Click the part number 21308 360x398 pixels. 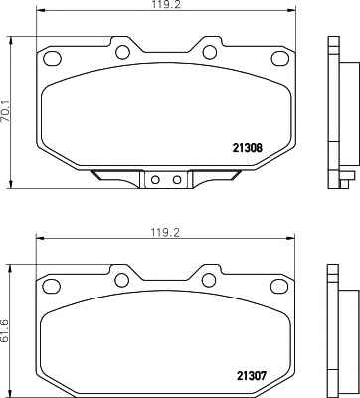click(248, 148)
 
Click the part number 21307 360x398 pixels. click(252, 376)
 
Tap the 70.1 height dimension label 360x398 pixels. click(7, 111)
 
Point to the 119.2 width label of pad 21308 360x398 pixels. click(166, 4)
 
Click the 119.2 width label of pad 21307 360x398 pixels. click(165, 232)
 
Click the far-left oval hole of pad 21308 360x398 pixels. click(53, 58)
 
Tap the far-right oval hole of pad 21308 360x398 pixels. click(280, 58)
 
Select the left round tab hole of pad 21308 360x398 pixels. click(122, 52)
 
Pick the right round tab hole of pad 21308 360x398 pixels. click(210, 52)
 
